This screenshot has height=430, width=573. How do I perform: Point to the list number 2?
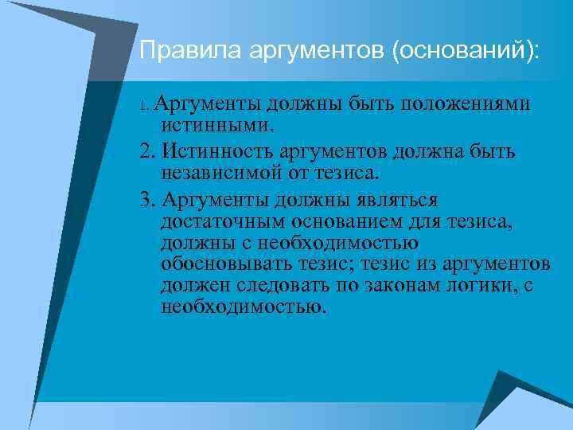(x=145, y=151)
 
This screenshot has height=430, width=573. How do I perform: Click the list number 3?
(x=145, y=197)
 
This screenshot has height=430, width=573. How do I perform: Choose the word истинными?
(x=216, y=125)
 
